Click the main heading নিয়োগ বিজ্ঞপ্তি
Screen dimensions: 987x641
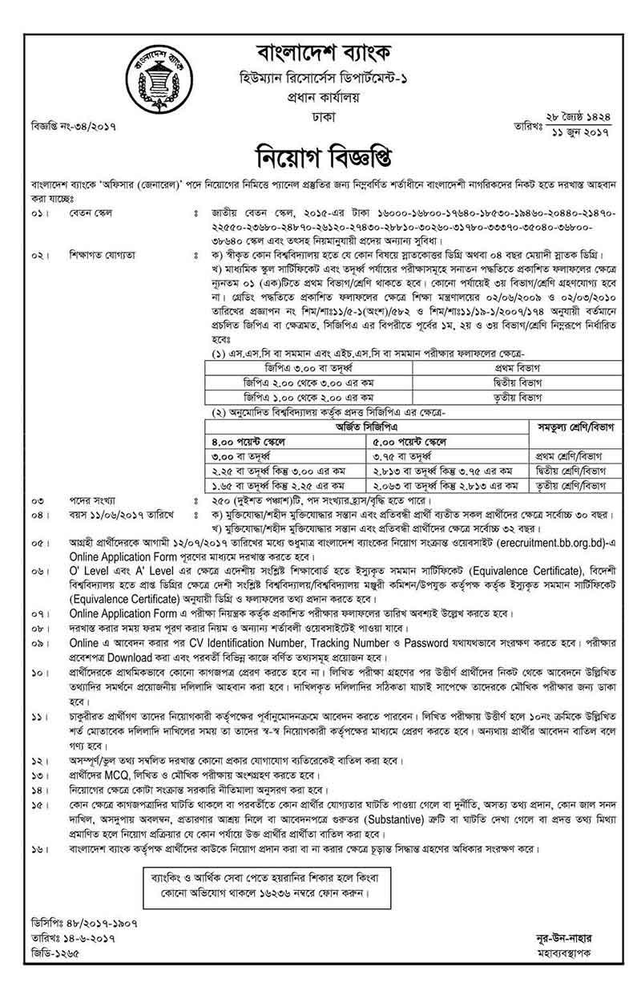(322, 153)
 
